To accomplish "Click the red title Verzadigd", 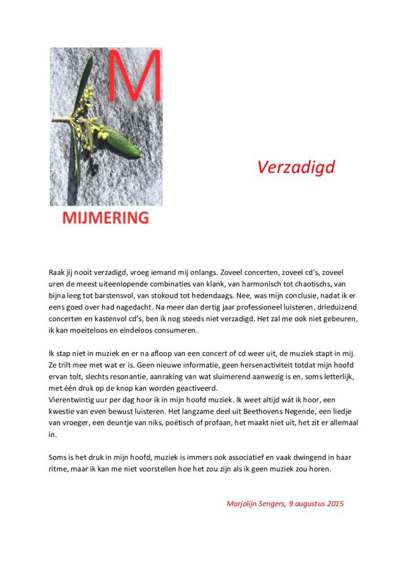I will click(296, 167).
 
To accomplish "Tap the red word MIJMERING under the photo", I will click(106, 217).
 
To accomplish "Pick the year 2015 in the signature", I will click(334, 503).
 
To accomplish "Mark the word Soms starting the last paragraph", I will click(59, 457).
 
